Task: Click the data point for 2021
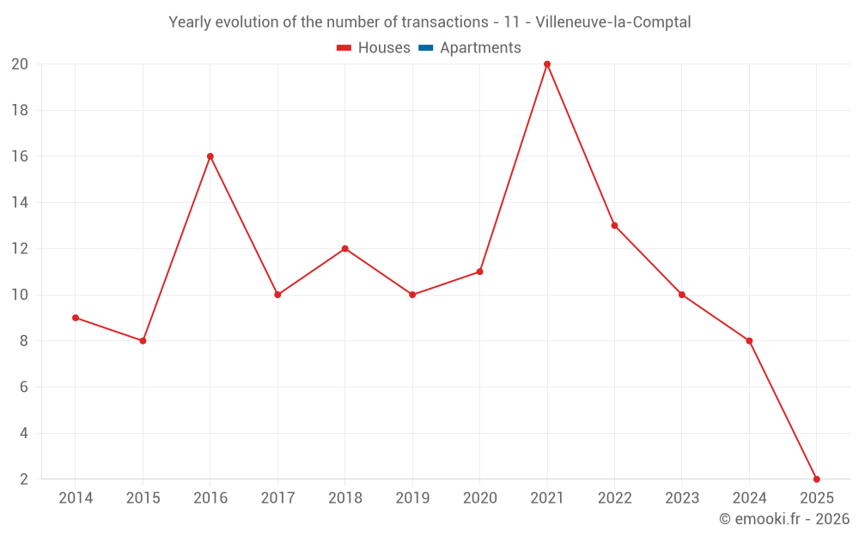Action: pos(547,64)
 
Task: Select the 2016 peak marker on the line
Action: pos(210,156)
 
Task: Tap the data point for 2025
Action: pos(816,479)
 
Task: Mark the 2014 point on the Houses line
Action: pos(76,318)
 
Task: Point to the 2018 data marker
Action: pos(344,249)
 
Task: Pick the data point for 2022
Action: pos(614,226)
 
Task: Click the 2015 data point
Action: pos(143,341)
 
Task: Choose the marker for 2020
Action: pos(479,272)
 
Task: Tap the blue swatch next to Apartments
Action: pos(425,48)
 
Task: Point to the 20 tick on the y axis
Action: pos(20,64)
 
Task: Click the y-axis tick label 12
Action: pos(20,249)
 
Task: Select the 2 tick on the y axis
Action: pos(24,479)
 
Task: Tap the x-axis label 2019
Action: pos(412,498)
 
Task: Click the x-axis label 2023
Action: pos(682,498)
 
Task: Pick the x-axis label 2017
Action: pos(277,498)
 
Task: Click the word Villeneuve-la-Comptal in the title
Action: pos(612,22)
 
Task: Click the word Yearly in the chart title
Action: pos(190,22)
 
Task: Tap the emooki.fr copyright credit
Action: pos(784,519)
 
